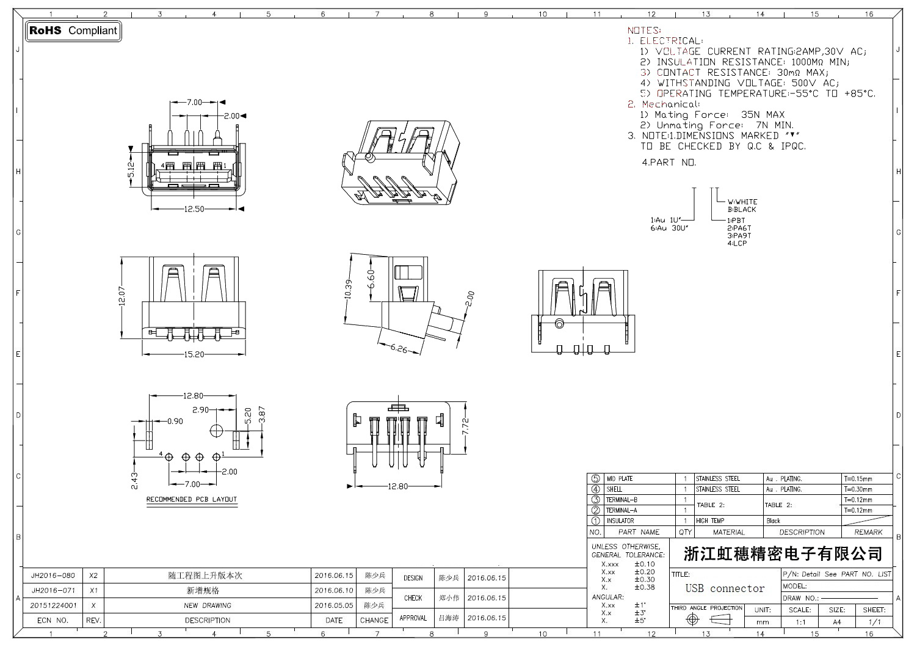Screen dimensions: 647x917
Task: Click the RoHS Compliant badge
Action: click(73, 31)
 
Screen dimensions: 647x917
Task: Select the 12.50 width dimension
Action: click(194, 209)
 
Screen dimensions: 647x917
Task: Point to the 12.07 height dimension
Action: click(121, 297)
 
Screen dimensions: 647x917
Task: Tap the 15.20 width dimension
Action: click(194, 354)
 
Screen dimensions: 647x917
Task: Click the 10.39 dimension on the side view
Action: click(349, 289)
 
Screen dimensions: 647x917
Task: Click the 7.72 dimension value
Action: click(465, 426)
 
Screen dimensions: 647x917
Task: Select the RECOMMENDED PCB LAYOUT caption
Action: click(192, 499)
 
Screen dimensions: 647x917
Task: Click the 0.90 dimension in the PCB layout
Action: click(175, 421)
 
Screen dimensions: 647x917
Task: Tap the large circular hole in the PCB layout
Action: click(216, 430)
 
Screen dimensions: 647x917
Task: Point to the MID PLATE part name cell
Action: click(620, 479)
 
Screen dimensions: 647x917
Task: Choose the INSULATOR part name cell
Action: click(620, 521)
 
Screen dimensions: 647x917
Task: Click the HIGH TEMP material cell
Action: click(710, 521)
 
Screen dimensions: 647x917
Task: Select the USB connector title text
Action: click(725, 589)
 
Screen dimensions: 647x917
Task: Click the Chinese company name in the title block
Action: click(783, 554)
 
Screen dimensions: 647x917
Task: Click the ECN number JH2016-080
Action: click(53, 576)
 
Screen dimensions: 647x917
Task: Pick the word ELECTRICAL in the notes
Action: click(671, 41)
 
